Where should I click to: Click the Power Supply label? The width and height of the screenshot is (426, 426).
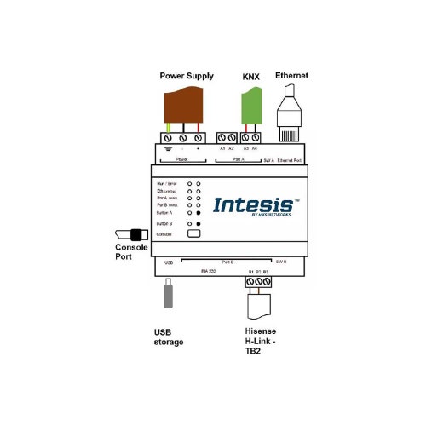(x=187, y=76)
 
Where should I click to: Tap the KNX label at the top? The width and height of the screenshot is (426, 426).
(x=250, y=76)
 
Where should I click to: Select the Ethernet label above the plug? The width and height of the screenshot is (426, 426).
(x=291, y=76)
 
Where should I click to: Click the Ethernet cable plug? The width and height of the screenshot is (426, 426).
(x=290, y=111)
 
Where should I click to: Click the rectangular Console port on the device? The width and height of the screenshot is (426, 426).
(x=193, y=233)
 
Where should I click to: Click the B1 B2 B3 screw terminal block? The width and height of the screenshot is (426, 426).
(x=254, y=279)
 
